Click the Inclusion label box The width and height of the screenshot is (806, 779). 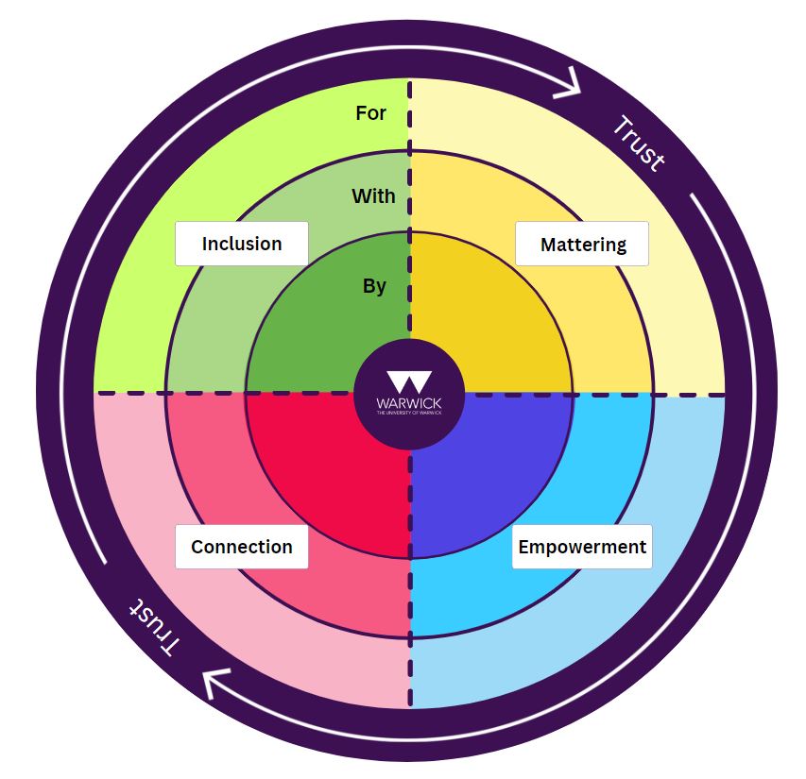(242, 244)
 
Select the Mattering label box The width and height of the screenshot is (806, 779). (582, 245)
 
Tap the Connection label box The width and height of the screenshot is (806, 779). (242, 547)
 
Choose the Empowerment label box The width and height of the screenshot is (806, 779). (582, 547)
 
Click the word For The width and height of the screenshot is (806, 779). (370, 113)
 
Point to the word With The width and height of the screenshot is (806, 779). (373, 196)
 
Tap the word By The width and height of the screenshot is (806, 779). (374, 285)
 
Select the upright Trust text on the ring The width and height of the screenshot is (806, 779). (639, 144)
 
